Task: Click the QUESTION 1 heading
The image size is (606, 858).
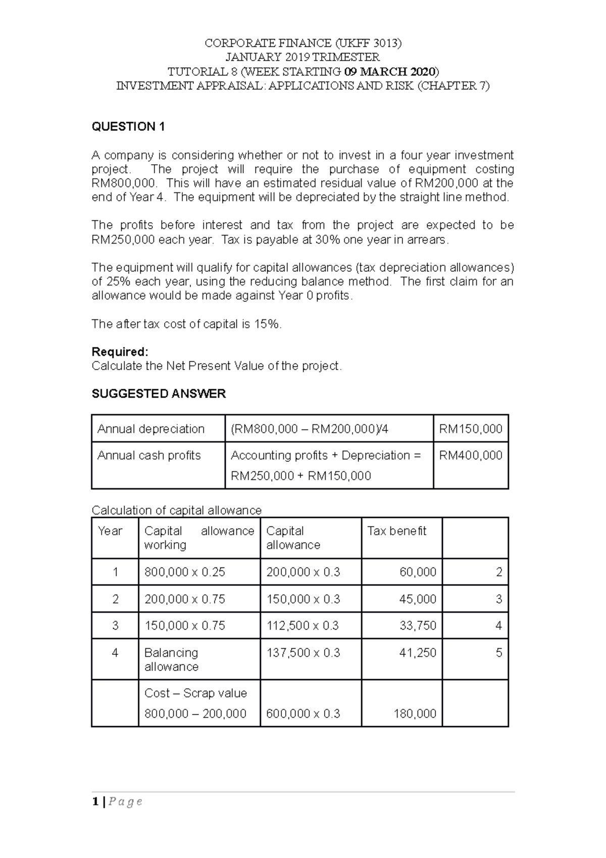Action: coord(128,127)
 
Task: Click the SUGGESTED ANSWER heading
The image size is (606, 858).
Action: coord(159,394)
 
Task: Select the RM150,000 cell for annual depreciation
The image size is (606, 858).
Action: coord(471,429)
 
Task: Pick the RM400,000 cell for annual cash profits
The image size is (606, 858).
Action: coord(471,455)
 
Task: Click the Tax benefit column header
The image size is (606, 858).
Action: coord(397,531)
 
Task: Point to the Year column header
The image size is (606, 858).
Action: coord(110,531)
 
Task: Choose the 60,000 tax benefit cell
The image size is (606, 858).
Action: coord(418,572)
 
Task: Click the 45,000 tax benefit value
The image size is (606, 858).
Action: coord(418,599)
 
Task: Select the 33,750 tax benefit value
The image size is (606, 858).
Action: coord(418,626)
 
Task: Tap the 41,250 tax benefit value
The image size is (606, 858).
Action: coord(418,653)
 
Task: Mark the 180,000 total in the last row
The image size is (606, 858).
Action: coord(415,713)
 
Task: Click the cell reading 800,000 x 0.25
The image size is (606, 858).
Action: coord(185,572)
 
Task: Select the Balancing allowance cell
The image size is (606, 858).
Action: coord(171,659)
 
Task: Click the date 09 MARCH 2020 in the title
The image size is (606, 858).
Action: coord(390,71)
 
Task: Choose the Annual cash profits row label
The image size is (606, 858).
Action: coord(149,455)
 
